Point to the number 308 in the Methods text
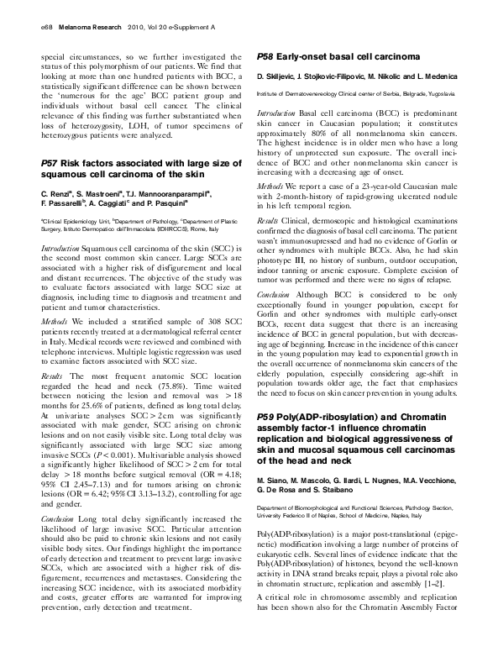point(185,297)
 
